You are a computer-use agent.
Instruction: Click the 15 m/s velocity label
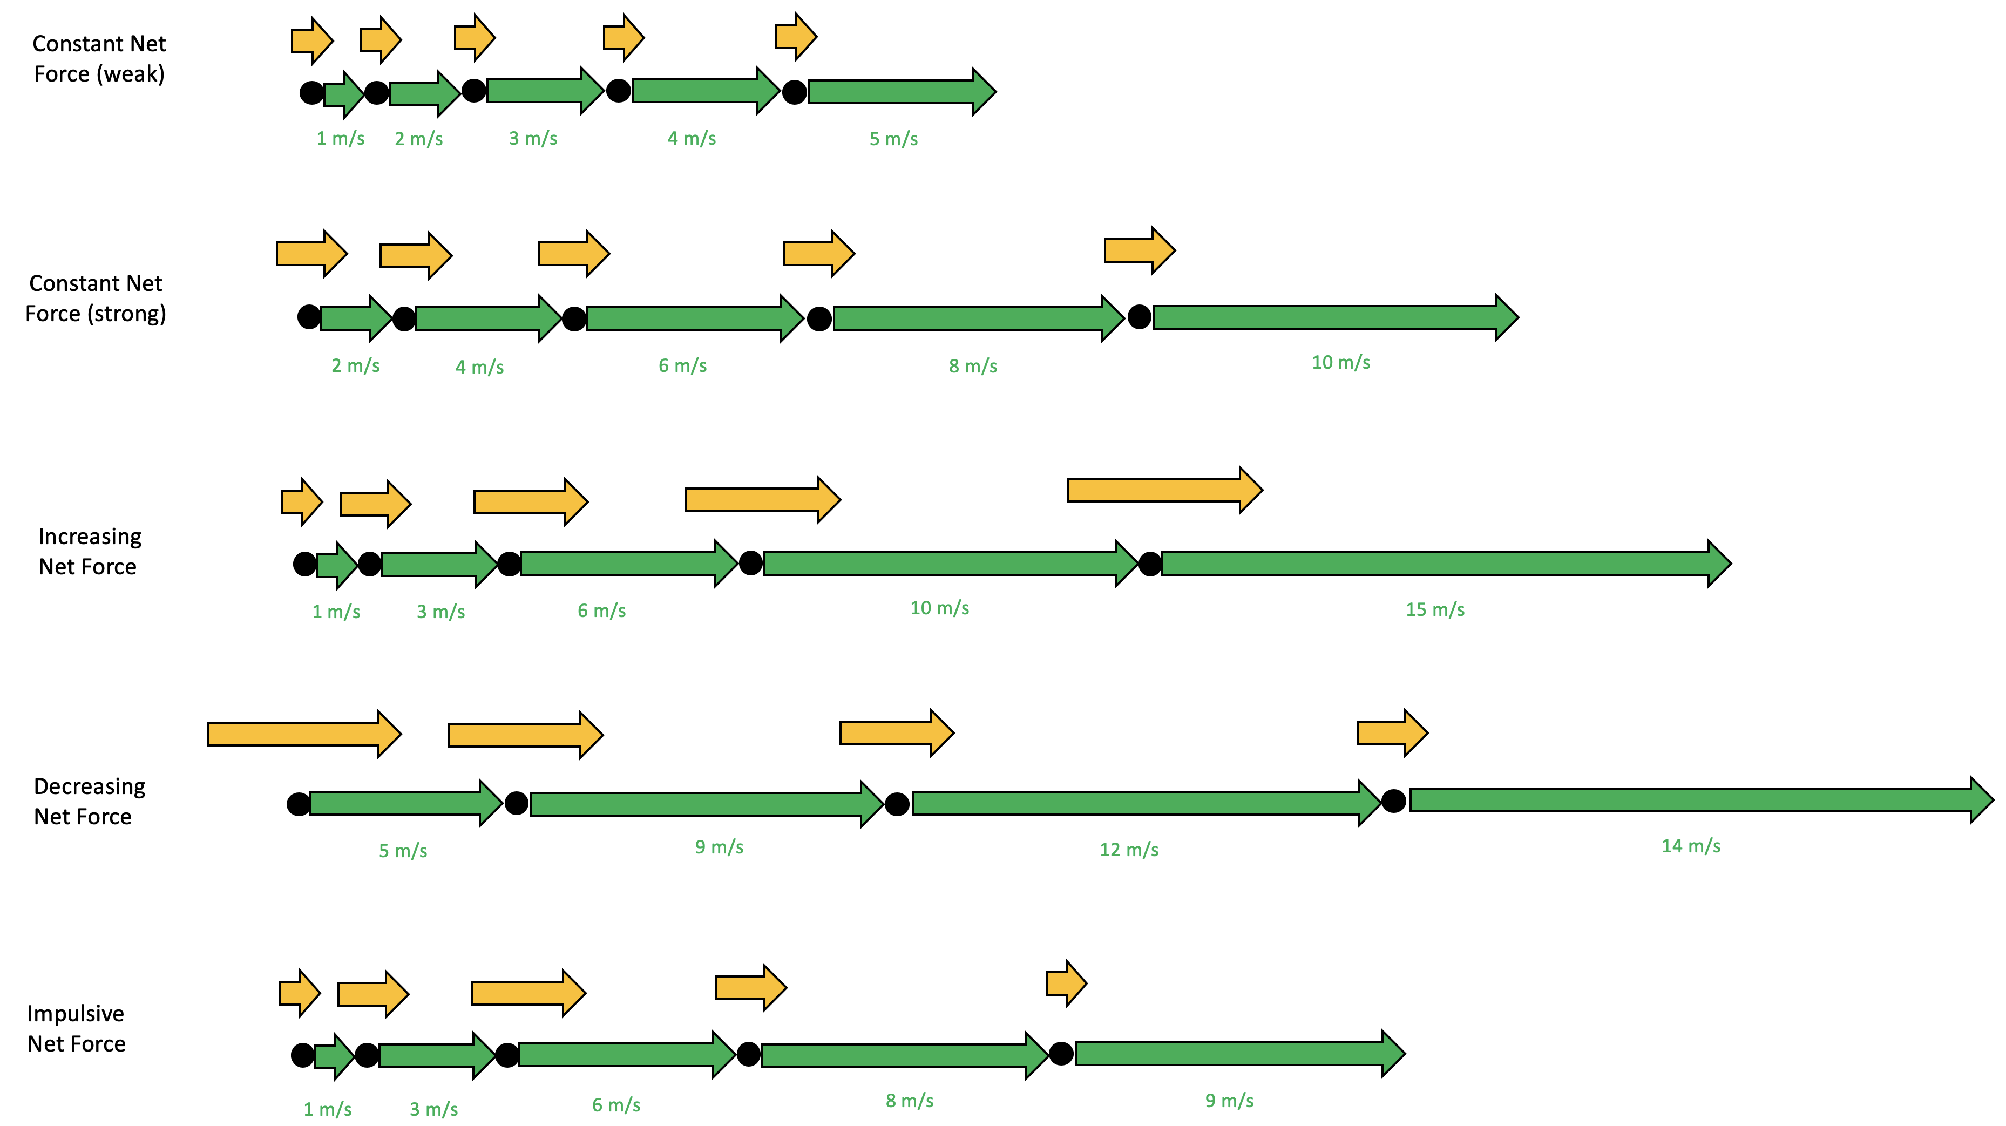[x=1434, y=610]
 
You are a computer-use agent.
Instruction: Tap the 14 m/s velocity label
[x=1691, y=846]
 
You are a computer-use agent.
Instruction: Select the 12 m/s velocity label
[x=1128, y=850]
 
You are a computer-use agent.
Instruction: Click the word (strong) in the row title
[x=126, y=314]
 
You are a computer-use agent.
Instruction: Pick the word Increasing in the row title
[x=90, y=537]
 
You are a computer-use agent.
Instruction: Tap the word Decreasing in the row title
[x=90, y=786]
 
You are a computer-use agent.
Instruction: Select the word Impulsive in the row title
[x=76, y=1014]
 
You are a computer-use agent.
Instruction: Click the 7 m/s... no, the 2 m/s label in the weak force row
[x=418, y=139]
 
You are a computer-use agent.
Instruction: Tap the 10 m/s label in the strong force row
[x=1340, y=362]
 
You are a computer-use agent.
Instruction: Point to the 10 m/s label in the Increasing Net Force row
[x=939, y=608]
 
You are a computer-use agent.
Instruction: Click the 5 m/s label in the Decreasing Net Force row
[x=403, y=850]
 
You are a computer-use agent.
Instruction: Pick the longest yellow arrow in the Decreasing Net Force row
[x=304, y=734]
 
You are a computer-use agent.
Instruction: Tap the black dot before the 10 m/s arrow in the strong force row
[x=1139, y=317]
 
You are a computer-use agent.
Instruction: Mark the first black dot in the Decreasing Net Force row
[x=298, y=804]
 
